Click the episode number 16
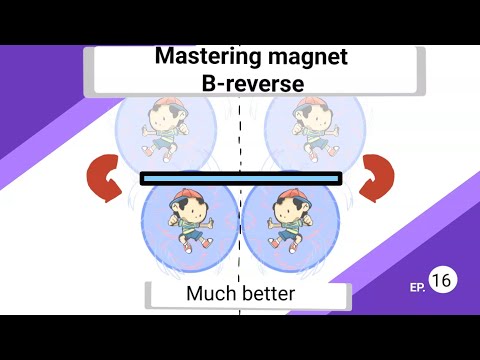click(x=441, y=281)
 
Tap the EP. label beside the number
click(x=417, y=287)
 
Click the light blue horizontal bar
click(x=240, y=179)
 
